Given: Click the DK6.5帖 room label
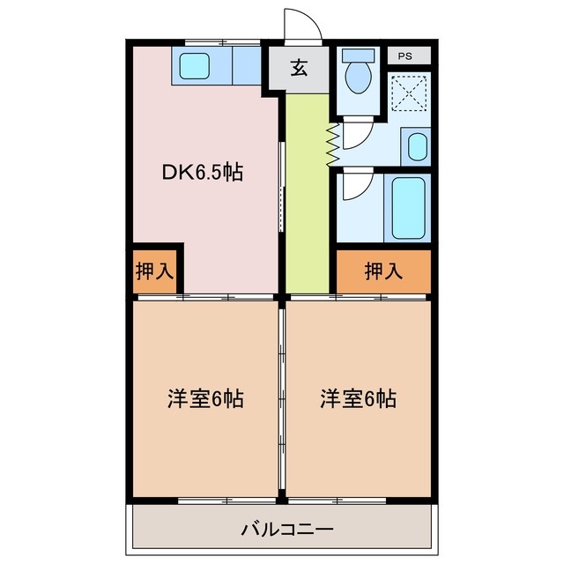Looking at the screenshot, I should pyautogui.click(x=202, y=172).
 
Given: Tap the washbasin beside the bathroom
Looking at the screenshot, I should pyautogui.click(x=416, y=146).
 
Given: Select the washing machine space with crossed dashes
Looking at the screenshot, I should pyautogui.click(x=408, y=93).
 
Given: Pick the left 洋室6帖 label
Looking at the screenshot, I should pyautogui.click(x=205, y=398).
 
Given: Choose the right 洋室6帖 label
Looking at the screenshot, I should pyautogui.click(x=358, y=398).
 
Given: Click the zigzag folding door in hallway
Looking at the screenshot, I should pyautogui.click(x=332, y=144).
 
